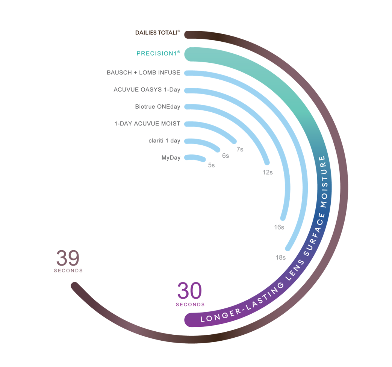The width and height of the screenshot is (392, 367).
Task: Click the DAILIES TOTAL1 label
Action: [x=158, y=33]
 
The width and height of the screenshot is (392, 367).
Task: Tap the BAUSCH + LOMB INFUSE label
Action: [x=144, y=72]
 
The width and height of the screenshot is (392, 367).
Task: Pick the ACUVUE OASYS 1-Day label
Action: [x=147, y=90]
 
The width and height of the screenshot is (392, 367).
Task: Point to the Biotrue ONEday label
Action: [x=157, y=107]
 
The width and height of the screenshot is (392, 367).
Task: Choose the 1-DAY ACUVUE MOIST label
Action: [x=147, y=124]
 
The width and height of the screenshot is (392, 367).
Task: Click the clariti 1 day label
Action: [x=164, y=141]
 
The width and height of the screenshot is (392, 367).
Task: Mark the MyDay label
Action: [x=171, y=158]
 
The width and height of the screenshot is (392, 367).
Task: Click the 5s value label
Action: [x=211, y=165]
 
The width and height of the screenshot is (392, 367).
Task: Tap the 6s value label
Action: [x=226, y=156]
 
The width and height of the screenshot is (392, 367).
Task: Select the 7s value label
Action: [x=240, y=150]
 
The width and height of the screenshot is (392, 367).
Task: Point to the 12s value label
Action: [x=268, y=172]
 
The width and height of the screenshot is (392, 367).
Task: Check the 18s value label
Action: [x=280, y=258]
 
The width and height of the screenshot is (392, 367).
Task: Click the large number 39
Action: [x=68, y=258]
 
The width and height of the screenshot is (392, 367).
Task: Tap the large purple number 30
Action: [x=190, y=291]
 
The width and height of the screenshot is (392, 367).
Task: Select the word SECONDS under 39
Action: [x=68, y=270]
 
